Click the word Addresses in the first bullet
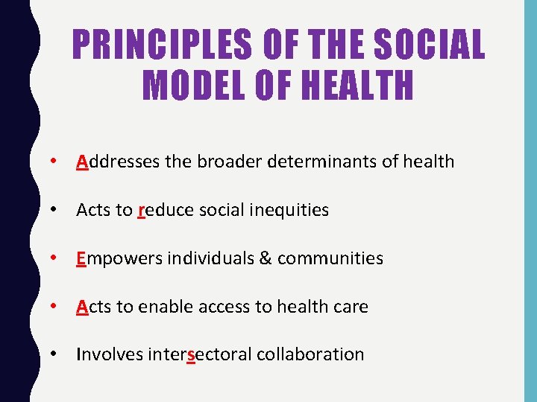[118, 162]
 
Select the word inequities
[286, 210]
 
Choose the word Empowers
[120, 258]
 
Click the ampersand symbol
[266, 258]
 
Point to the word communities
[330, 258]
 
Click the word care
[351, 306]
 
